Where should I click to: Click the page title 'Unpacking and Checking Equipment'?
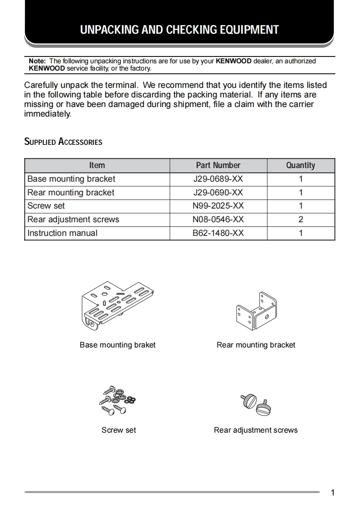(x=179, y=30)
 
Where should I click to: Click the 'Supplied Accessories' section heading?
(x=63, y=142)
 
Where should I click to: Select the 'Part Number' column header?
(x=218, y=165)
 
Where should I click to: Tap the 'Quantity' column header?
(x=300, y=165)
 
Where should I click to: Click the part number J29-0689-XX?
(x=218, y=179)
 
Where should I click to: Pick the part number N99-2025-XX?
(x=218, y=206)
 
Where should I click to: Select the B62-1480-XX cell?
(x=218, y=233)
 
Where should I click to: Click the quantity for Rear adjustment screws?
(x=300, y=220)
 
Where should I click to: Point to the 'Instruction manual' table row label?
(x=62, y=233)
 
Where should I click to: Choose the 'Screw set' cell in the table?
(x=46, y=206)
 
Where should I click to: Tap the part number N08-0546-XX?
(x=218, y=220)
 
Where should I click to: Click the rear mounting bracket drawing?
(x=256, y=311)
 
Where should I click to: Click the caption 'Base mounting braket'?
(x=117, y=345)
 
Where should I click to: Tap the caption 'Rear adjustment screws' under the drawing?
(x=256, y=430)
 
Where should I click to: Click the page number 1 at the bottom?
(x=333, y=493)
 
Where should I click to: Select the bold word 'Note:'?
(x=37, y=61)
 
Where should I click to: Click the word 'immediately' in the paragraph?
(x=47, y=114)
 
